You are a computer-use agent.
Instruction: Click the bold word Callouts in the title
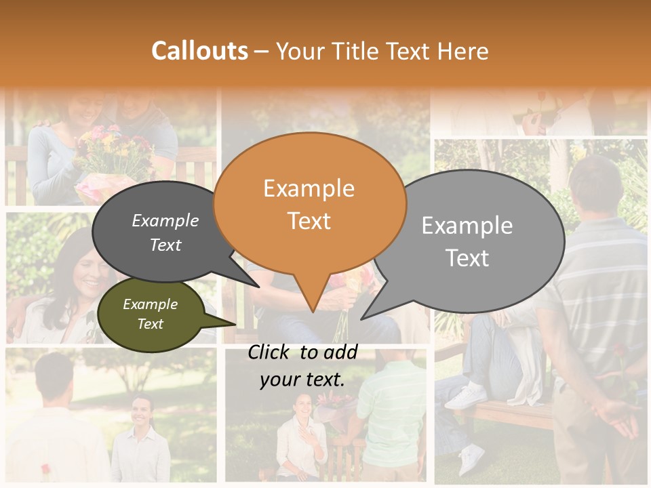[199, 51]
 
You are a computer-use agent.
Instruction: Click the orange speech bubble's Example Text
[309, 204]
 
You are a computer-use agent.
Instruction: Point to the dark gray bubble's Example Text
[165, 232]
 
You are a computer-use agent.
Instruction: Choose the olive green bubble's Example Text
[150, 314]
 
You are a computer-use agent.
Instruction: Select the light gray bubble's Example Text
[467, 241]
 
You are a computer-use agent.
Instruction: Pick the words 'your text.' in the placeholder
[302, 380]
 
